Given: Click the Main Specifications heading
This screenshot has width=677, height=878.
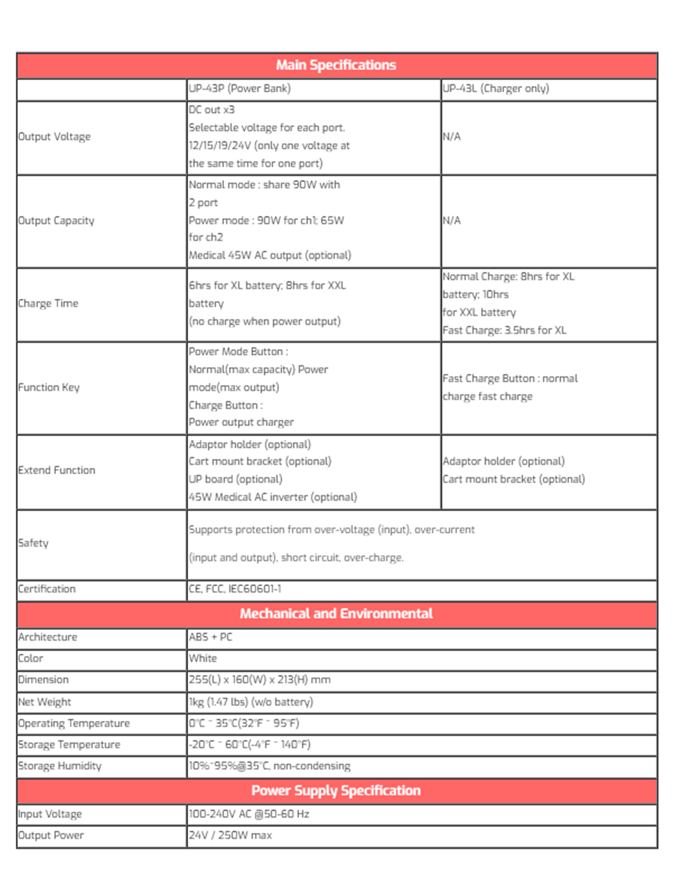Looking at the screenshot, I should coord(336,65).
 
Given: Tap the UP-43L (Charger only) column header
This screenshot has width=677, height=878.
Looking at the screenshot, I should coord(496,88).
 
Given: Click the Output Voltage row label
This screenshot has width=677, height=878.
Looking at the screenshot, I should coord(54,137).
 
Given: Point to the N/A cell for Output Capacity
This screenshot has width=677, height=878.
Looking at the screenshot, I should coord(451,220).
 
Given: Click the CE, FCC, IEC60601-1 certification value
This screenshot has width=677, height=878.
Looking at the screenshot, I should coord(235,589).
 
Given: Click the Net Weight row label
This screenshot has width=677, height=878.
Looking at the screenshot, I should coord(44,702).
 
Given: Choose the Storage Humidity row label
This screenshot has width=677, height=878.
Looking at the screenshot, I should coord(60,766).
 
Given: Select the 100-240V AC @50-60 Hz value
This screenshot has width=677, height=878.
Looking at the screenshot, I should coord(249,814).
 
